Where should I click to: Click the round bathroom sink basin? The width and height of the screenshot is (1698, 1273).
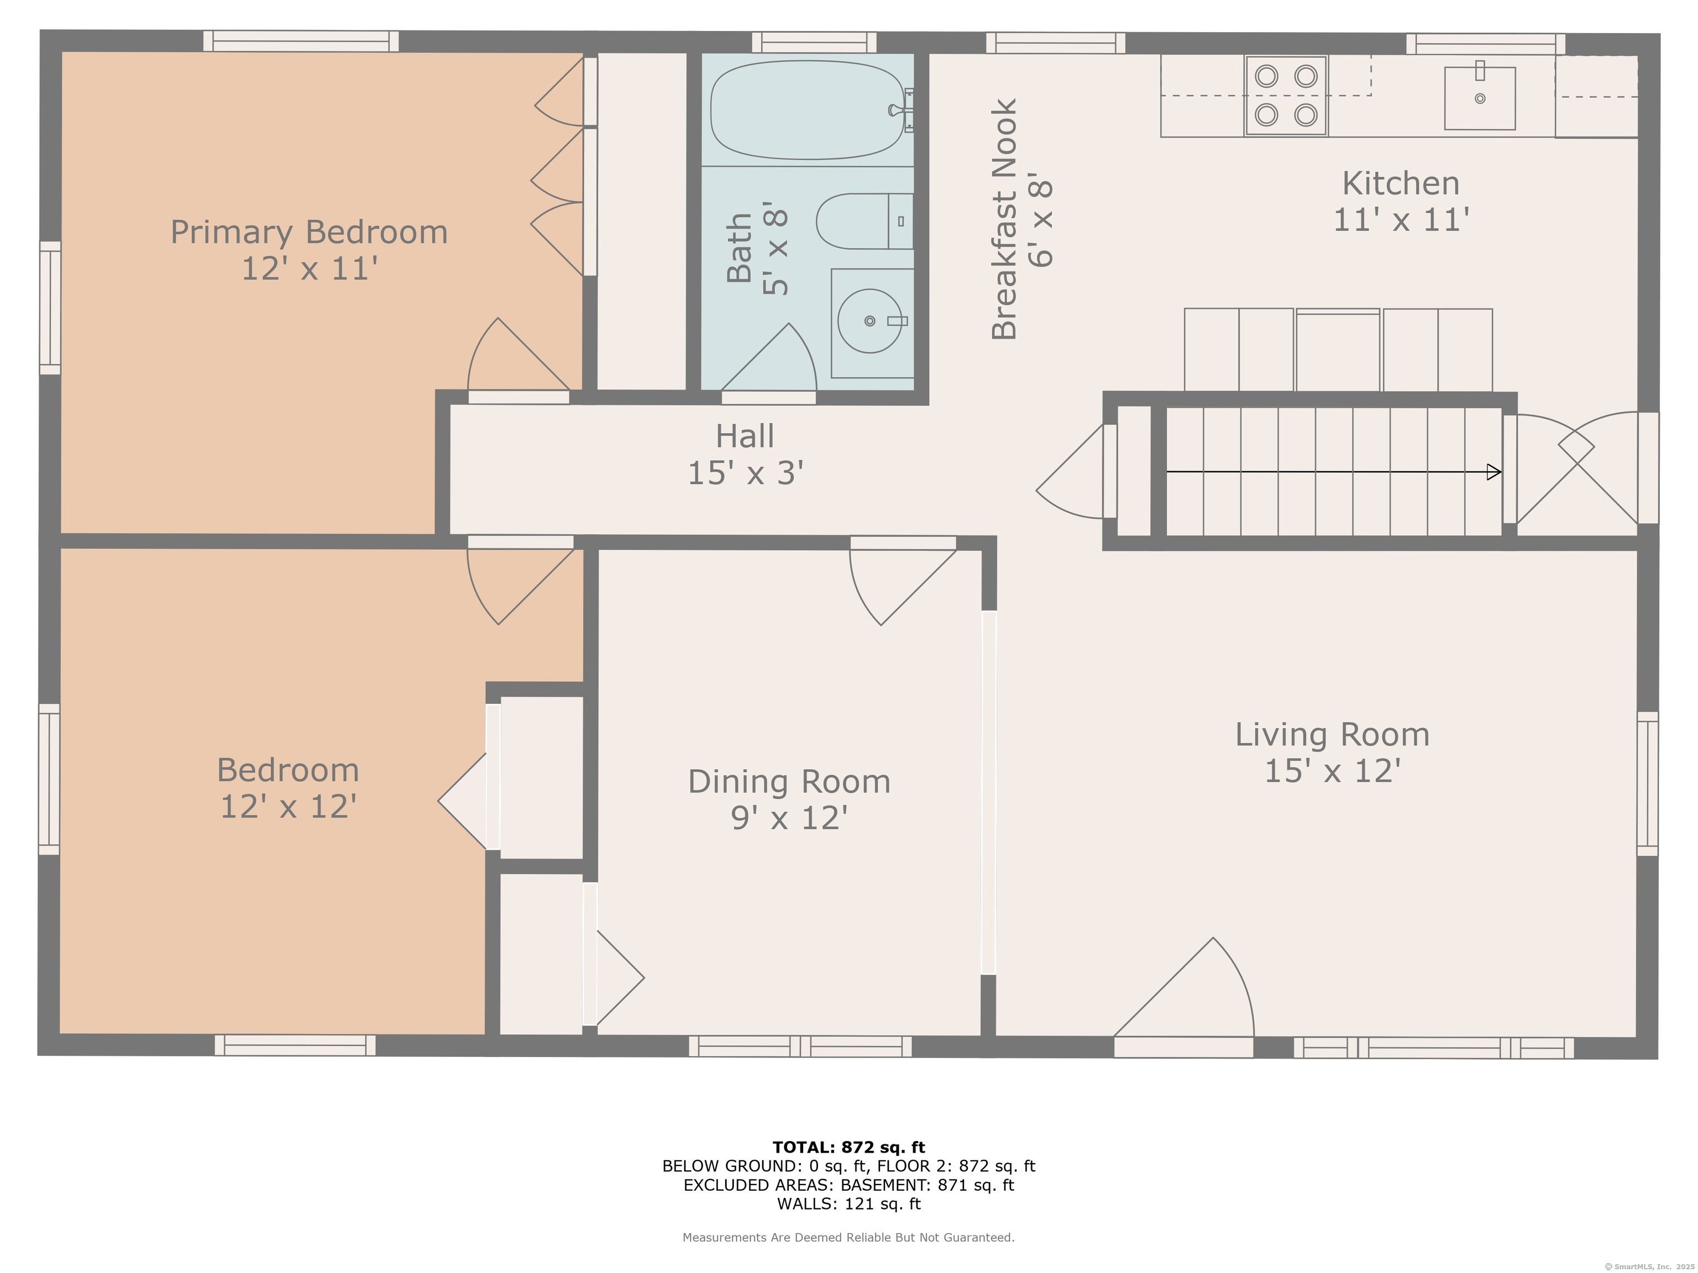pos(869,321)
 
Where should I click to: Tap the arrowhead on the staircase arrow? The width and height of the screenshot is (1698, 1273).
pos(1493,472)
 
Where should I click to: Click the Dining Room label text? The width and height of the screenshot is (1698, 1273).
pos(789,782)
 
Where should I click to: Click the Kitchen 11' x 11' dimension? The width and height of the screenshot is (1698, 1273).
pos(1401,220)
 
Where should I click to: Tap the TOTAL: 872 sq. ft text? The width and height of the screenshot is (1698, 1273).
pos(848,1147)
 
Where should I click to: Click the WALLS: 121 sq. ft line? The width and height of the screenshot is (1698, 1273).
pos(848,1203)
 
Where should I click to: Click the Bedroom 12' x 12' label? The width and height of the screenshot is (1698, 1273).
pos(288,788)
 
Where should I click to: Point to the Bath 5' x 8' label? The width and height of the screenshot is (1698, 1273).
pos(756,248)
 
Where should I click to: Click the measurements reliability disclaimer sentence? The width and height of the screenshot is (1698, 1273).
pos(848,1237)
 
